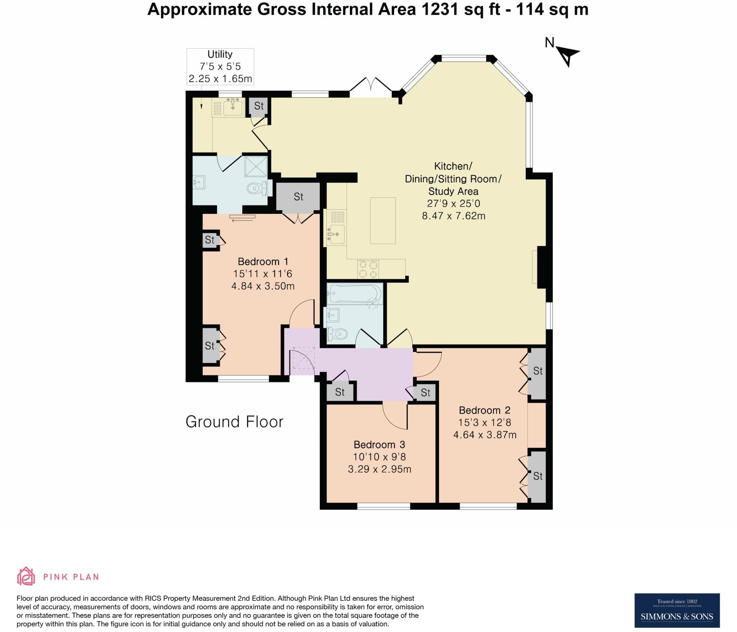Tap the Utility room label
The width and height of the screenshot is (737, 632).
click(x=220, y=54)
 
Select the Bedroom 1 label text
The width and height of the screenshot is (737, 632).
click(x=263, y=261)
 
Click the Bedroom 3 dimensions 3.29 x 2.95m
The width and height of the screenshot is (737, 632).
click(x=379, y=469)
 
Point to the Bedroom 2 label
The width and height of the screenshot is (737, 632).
click(x=485, y=410)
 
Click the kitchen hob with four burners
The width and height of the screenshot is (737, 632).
click(x=368, y=269)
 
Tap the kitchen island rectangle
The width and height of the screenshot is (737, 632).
click(x=383, y=221)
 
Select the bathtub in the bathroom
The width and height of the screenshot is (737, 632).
click(x=354, y=294)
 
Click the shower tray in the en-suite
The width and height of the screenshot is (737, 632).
click(x=256, y=166)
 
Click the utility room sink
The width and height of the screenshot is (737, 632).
click(x=233, y=107)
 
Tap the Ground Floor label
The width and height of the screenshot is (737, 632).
click(x=235, y=422)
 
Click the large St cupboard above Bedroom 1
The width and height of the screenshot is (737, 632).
click(x=298, y=197)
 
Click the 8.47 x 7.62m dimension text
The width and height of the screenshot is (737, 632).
click(x=453, y=216)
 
